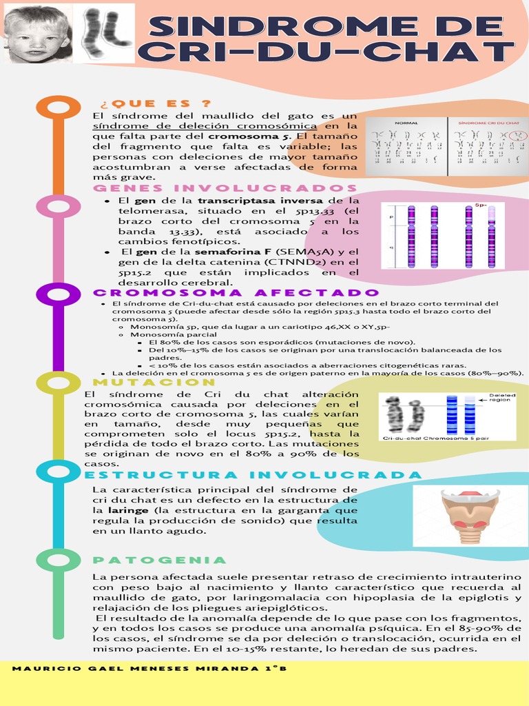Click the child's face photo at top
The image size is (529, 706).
pyautogui.click(x=36, y=34)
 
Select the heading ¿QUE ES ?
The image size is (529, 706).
pyautogui.click(x=156, y=104)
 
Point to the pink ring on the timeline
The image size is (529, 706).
pyautogui.click(x=58, y=207)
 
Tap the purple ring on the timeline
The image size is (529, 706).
pyautogui.click(x=58, y=294)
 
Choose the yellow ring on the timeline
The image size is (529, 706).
pyautogui.click(x=58, y=383)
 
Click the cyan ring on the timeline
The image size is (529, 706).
pyautogui.click(x=58, y=472)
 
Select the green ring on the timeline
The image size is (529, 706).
pyautogui.click(x=58, y=560)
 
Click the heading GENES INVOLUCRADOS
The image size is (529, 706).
pyautogui.click(x=225, y=189)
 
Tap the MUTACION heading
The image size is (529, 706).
pyautogui.click(x=154, y=382)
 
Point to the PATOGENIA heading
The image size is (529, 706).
pyautogui.click(x=160, y=560)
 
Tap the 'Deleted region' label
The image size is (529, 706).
pyautogui.click(x=501, y=398)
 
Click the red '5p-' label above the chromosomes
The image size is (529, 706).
pyautogui.click(x=481, y=205)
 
